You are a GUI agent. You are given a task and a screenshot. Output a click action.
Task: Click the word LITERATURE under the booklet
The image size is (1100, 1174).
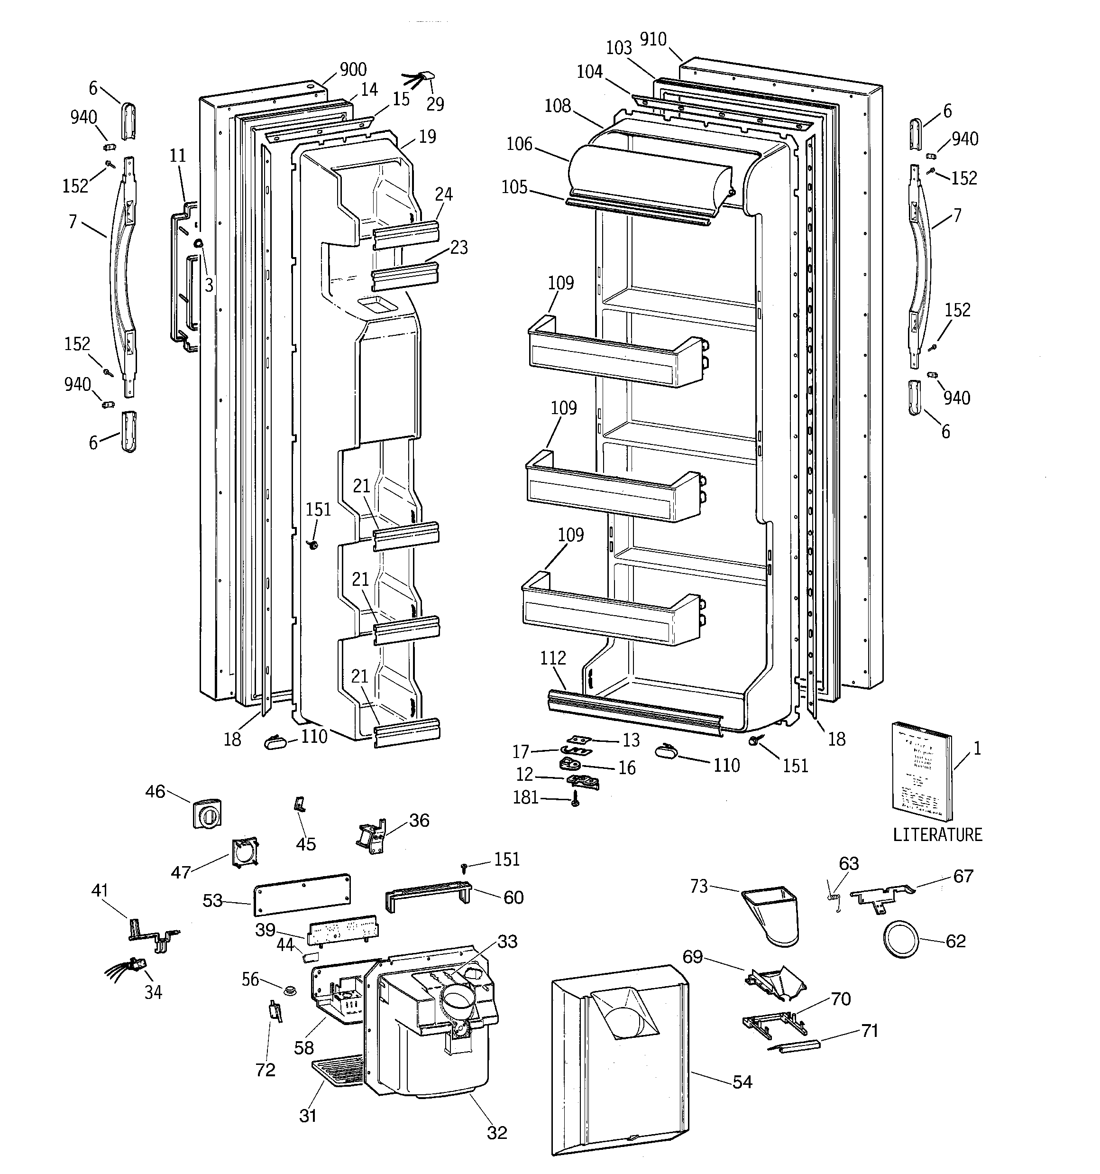[x=937, y=834]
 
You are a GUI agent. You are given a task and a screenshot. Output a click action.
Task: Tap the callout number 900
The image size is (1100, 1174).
[x=353, y=70]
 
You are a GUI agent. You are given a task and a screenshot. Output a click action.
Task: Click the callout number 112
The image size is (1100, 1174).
[x=553, y=658]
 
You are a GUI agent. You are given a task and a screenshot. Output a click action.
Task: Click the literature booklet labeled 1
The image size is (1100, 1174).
[x=921, y=771]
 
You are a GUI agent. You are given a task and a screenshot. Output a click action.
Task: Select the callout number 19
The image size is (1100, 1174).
[x=428, y=137]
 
